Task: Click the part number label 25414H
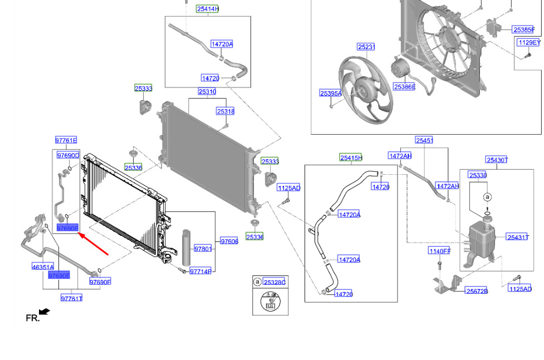coord(208,9)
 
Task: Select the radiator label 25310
coord(207,92)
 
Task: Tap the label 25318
coord(226,111)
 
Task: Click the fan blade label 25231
coord(366,47)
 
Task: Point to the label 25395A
coord(331,93)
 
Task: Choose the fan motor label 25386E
coord(404,87)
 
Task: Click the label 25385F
coord(524,30)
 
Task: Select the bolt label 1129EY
coord(529,43)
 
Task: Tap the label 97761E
coord(66,140)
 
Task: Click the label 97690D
coord(68,155)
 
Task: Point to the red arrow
coord(94,244)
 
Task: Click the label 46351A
coord(43,267)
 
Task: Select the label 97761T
coord(71,298)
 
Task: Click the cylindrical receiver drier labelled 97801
coord(187,247)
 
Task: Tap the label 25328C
coord(274,282)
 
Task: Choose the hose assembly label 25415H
coord(351,158)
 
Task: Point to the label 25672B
coord(477,291)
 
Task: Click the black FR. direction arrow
coord(45,312)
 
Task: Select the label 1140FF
coord(439,251)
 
